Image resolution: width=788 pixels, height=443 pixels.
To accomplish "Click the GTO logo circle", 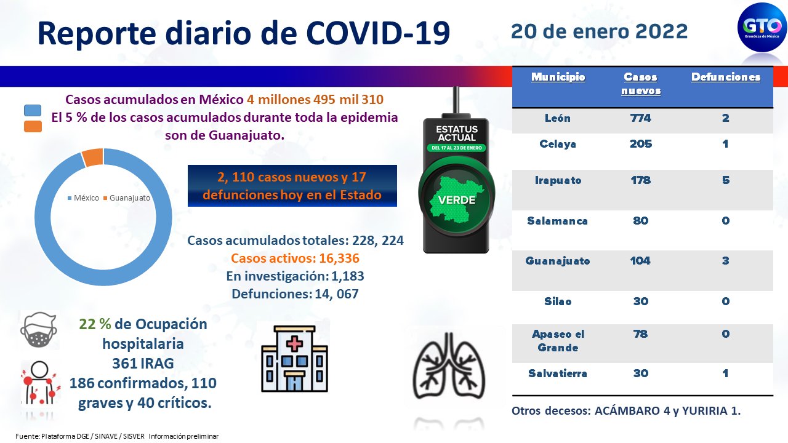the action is pyautogui.click(x=762, y=27).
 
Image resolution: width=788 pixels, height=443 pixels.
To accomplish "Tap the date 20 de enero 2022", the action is pyautogui.click(x=599, y=31).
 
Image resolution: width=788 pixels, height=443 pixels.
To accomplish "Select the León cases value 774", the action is pyautogui.click(x=641, y=118).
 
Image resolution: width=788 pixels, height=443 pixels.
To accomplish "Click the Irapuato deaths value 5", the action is pyautogui.click(x=725, y=180).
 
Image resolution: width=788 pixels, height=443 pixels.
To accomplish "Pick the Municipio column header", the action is pyautogui.click(x=558, y=77).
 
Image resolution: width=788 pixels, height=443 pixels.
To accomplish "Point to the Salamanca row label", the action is pyautogui.click(x=557, y=220).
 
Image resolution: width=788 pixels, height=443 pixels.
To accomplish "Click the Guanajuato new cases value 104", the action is pyautogui.click(x=640, y=260).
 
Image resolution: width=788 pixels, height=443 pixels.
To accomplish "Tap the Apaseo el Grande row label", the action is pyautogui.click(x=558, y=340).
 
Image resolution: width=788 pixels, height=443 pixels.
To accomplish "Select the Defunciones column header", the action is pyautogui.click(x=726, y=77).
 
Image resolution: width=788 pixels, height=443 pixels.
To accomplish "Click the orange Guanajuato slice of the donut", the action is pyautogui.click(x=93, y=157).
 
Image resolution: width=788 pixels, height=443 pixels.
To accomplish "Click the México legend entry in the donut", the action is pyautogui.click(x=83, y=198).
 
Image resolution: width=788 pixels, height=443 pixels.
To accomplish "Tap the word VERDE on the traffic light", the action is pyautogui.click(x=457, y=200).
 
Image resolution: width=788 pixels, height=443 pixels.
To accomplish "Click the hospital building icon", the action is pyautogui.click(x=294, y=359).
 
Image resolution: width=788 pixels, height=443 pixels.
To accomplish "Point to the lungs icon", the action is pyautogui.click(x=449, y=365).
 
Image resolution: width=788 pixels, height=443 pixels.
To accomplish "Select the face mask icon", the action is pyautogui.click(x=39, y=330).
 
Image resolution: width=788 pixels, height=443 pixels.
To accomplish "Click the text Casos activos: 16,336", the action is pyautogui.click(x=295, y=258).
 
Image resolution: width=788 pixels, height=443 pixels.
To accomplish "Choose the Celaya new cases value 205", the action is pyautogui.click(x=641, y=143).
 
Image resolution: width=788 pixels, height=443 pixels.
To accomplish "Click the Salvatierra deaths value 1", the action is pyautogui.click(x=725, y=373).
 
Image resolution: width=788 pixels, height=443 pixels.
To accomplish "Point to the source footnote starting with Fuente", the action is pyautogui.click(x=117, y=436).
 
